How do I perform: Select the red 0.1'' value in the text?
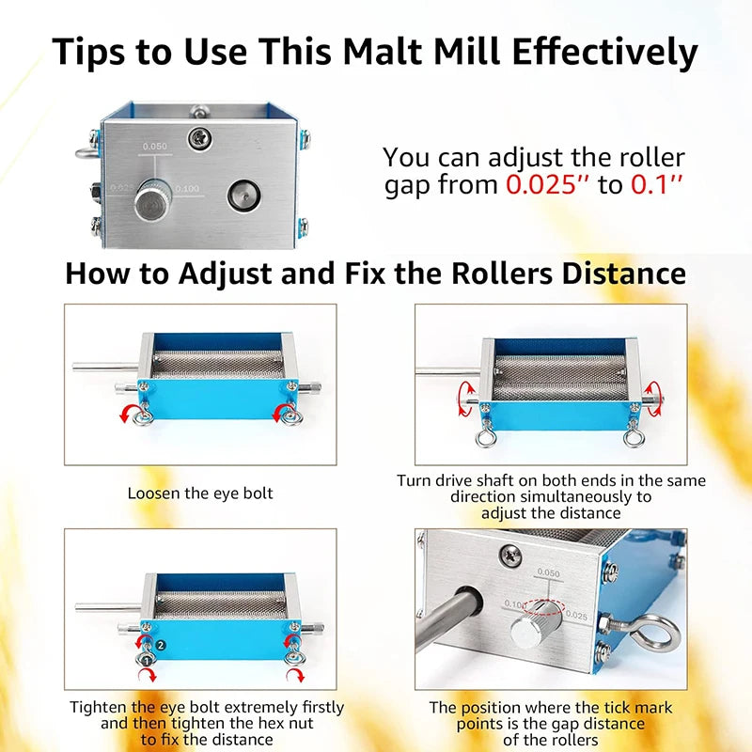pyautogui.click(x=655, y=184)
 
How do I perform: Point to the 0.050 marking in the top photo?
pyautogui.click(x=153, y=147)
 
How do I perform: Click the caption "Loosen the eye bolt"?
pyautogui.click(x=200, y=493)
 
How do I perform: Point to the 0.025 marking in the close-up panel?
pyautogui.click(x=576, y=617)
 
